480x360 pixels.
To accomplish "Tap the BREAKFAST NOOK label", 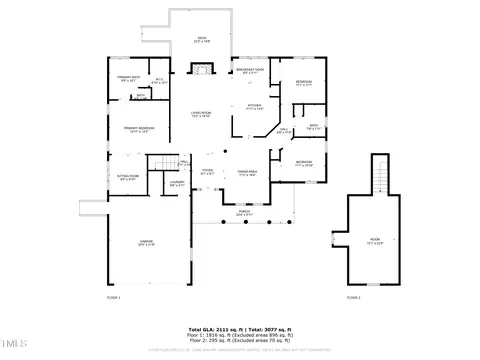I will [253, 70].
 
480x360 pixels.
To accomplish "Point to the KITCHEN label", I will [254, 106].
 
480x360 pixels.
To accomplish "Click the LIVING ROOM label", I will [203, 114].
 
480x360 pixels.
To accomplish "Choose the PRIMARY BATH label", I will [128, 80].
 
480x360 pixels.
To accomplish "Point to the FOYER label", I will [206, 172].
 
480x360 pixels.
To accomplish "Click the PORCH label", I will [242, 212].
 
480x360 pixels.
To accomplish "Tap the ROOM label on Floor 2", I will [374, 241].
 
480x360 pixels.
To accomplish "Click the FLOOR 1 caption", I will [113, 297].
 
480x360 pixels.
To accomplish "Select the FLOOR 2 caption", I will [353, 297].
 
